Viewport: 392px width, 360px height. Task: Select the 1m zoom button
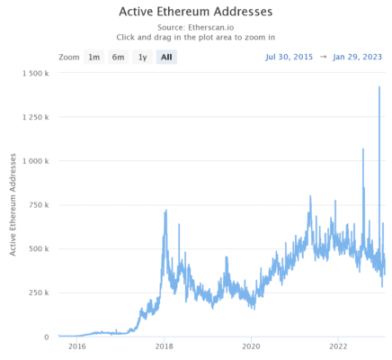pos(94,57)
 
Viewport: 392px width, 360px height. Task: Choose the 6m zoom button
pos(118,57)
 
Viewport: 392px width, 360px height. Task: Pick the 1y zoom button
pos(141,57)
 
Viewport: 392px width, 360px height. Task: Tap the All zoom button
pos(165,57)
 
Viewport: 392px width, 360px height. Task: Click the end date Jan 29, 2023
pos(357,57)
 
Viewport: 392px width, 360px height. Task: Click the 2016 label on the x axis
pos(77,346)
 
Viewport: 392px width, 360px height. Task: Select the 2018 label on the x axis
pos(165,346)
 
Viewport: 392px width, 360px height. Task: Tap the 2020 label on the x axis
pos(252,346)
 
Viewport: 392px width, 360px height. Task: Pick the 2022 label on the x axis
pos(339,346)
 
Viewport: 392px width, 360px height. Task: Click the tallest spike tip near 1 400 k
pos(379,87)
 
